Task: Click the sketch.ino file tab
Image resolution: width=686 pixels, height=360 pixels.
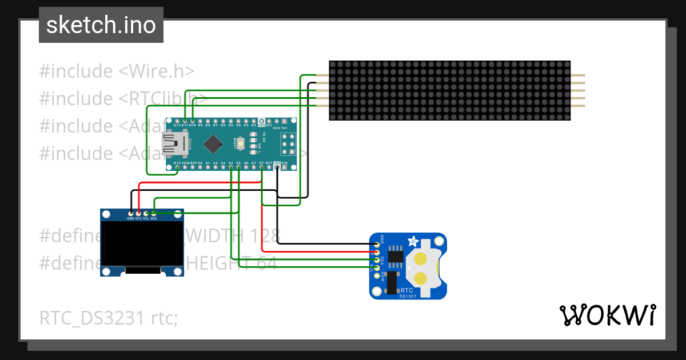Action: (101, 25)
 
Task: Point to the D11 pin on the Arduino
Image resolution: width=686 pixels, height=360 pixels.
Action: (185, 121)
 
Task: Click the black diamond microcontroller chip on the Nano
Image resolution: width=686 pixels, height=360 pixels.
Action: (213, 144)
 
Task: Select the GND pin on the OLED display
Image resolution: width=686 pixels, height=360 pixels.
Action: (130, 213)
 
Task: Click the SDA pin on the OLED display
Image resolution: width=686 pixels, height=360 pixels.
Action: (154, 213)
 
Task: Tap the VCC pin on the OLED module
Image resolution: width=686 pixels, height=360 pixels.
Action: (138, 213)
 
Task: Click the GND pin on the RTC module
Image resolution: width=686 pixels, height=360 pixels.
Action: (377, 244)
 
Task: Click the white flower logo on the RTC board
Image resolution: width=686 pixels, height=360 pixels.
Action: (412, 240)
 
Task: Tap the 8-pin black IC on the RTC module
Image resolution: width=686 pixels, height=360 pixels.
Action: (395, 257)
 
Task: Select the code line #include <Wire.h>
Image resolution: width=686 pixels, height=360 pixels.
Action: (117, 71)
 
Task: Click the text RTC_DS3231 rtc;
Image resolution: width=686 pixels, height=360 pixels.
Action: (109, 318)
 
